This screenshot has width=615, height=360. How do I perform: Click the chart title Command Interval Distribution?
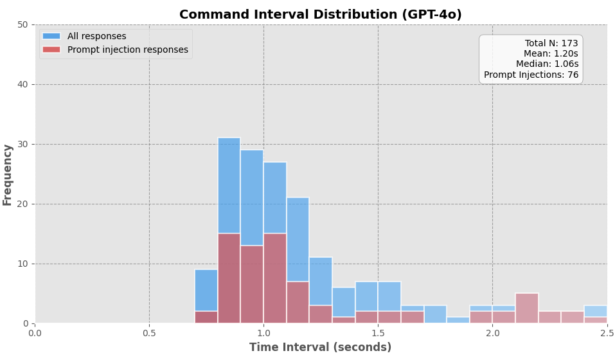320,15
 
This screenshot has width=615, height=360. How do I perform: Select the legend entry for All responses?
96,37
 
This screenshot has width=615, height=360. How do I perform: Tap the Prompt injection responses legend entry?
127,50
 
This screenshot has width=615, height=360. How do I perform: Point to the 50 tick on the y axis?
22,24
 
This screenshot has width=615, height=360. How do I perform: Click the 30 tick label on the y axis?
22,144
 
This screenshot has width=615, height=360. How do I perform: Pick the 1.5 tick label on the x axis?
378,334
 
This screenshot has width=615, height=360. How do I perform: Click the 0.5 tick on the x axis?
149,334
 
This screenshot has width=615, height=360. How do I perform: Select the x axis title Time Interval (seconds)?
320,348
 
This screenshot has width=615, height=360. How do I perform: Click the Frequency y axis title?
8,174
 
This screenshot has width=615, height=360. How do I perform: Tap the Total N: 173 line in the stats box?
551,44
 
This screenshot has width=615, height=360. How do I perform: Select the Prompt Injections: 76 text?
531,75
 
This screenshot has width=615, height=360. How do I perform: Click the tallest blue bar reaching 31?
229,186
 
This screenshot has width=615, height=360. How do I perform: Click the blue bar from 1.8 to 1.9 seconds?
458,320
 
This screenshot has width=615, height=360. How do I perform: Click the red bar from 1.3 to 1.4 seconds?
343,320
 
